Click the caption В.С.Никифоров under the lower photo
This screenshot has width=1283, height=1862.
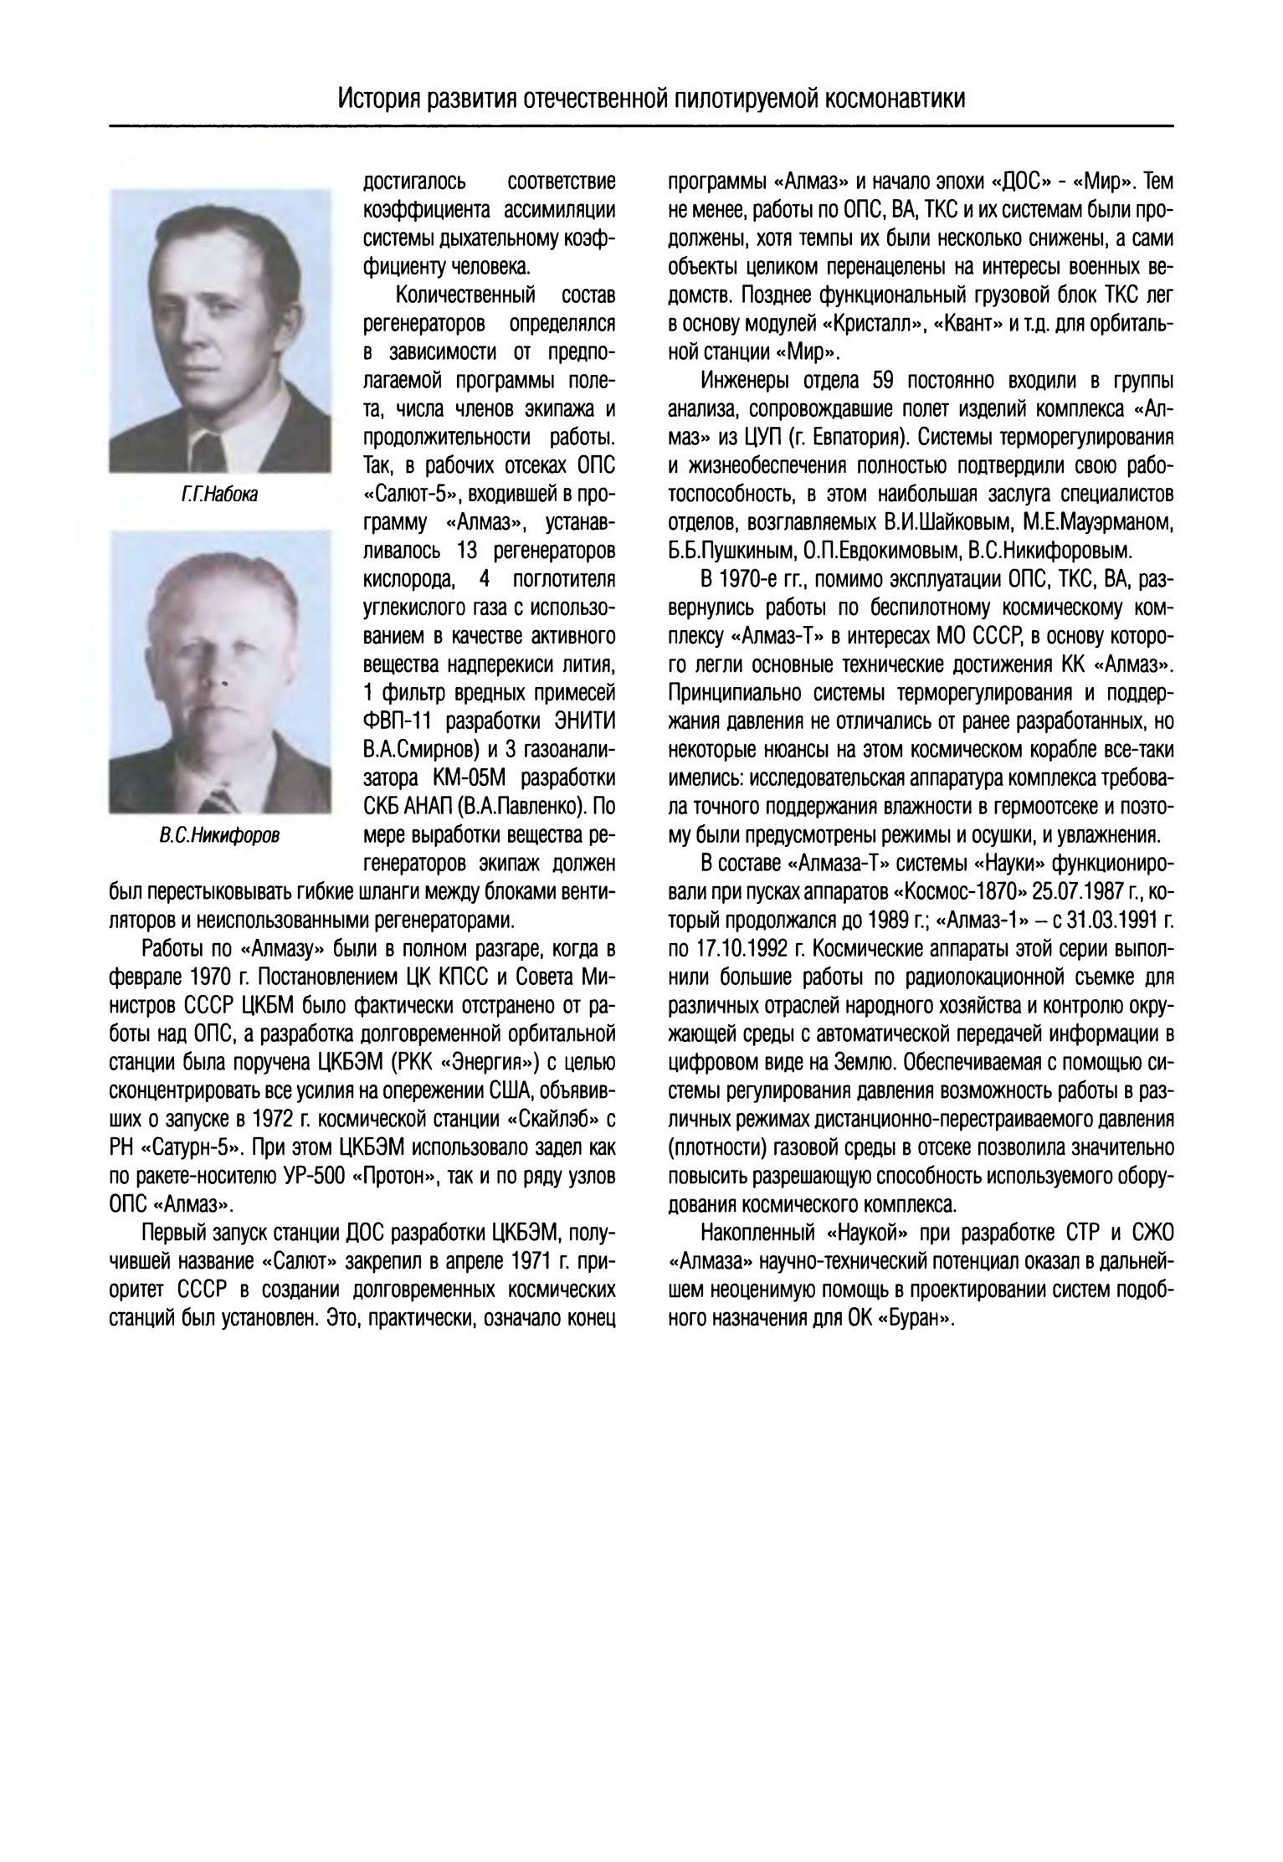(219, 835)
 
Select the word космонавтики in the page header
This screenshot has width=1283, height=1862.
(896, 100)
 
